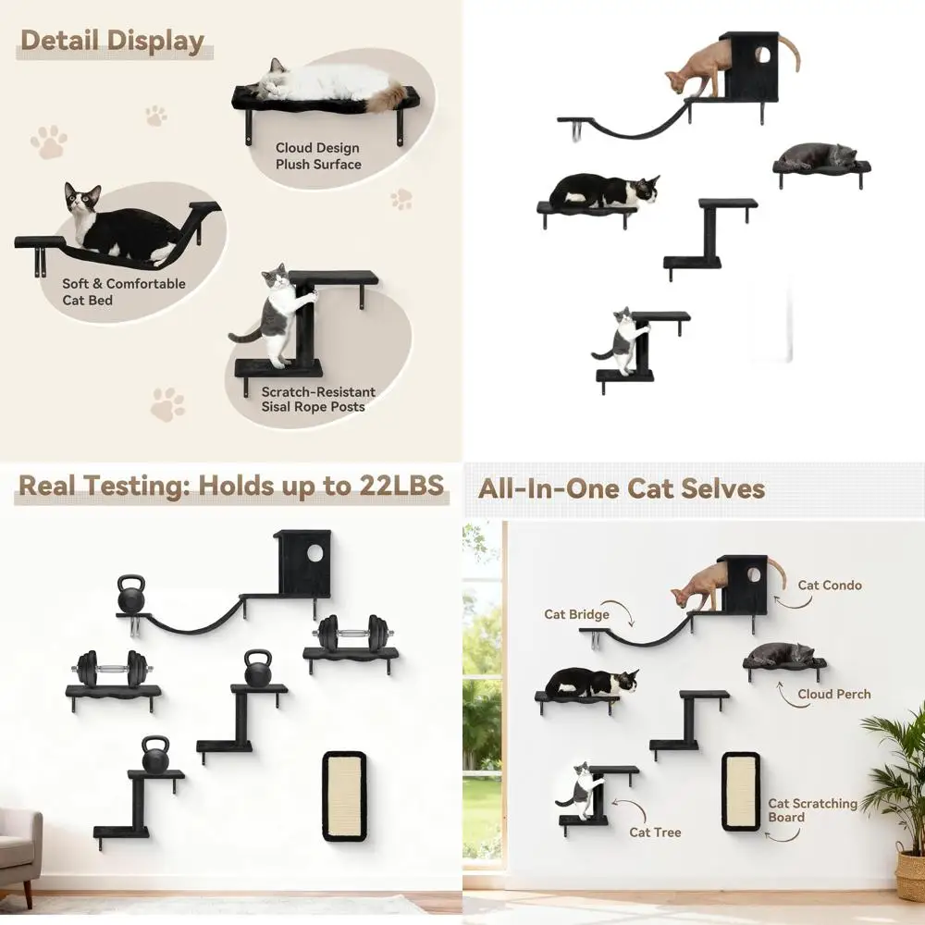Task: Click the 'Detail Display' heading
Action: tap(112, 41)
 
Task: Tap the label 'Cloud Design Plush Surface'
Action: tap(317, 156)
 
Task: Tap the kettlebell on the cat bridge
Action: tap(131, 595)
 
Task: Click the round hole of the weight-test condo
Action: tap(314, 553)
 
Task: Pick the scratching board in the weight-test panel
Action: tap(343, 795)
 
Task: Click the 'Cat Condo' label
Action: tap(830, 585)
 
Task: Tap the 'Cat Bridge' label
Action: tap(576, 614)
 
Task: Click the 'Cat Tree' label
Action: tap(655, 832)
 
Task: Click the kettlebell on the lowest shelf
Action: tap(154, 756)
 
